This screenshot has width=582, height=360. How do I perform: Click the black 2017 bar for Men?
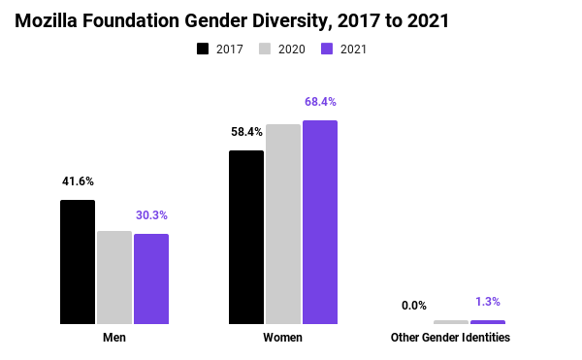coord(78,262)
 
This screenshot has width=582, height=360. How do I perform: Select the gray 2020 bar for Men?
coord(114,278)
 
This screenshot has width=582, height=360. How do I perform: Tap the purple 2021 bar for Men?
coord(151,278)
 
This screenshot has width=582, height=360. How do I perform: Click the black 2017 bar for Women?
coord(246,237)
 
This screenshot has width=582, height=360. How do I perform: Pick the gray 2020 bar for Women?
coord(283,224)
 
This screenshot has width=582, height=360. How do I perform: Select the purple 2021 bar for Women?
coord(320,222)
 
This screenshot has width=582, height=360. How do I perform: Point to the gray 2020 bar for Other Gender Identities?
coord(451,321)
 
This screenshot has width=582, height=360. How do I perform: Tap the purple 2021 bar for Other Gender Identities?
coord(488,321)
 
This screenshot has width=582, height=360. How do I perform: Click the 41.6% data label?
coord(78,181)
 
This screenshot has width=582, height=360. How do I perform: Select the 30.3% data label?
coord(151,215)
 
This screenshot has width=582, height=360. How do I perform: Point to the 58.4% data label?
coord(246,132)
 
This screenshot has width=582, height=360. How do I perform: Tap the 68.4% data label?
coord(320,102)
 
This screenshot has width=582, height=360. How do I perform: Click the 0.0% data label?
coord(414,306)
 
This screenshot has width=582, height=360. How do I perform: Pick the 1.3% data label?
coord(488,302)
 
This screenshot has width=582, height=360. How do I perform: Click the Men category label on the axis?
coord(114,338)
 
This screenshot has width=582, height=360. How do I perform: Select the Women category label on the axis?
coord(283,338)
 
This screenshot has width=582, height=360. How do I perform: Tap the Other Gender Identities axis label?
coord(450,338)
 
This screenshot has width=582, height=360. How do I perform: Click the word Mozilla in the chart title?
coord(48,20)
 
